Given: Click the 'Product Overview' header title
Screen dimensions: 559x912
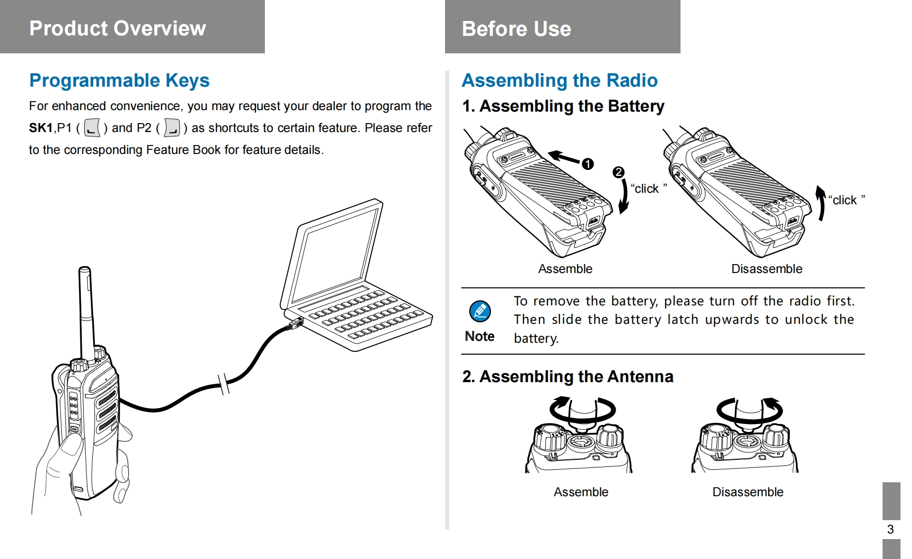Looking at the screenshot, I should pos(117,28).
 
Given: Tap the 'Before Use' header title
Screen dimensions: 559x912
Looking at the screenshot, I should pos(516,29).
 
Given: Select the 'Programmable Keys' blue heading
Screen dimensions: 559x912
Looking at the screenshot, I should pos(119,80).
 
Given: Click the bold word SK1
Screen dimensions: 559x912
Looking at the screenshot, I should pos(40,128).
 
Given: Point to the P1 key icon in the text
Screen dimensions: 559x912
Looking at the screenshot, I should pos(92,128).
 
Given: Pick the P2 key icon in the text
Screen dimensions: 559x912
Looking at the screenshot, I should pos(172,128).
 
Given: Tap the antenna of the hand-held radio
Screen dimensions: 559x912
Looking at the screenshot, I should pos(86,309).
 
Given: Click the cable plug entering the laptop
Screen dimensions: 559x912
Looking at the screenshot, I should pos(296,323).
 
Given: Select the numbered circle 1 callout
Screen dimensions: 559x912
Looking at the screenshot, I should pos(588,164).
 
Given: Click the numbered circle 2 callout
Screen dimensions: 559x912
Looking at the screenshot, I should pos(618,172).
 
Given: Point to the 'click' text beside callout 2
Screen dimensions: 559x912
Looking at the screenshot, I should pos(647,189).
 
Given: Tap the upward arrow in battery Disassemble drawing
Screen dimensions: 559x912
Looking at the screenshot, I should pos(820,203).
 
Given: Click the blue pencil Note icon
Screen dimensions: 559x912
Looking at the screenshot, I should pos(479,312).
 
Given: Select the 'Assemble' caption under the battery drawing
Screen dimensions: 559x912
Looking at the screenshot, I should pos(565,269).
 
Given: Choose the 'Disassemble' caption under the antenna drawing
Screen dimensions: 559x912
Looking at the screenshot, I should pos(747,492).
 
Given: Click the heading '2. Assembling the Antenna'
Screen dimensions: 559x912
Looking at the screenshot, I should pos(567,377).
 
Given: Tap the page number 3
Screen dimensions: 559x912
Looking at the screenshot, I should pos(890,529).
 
